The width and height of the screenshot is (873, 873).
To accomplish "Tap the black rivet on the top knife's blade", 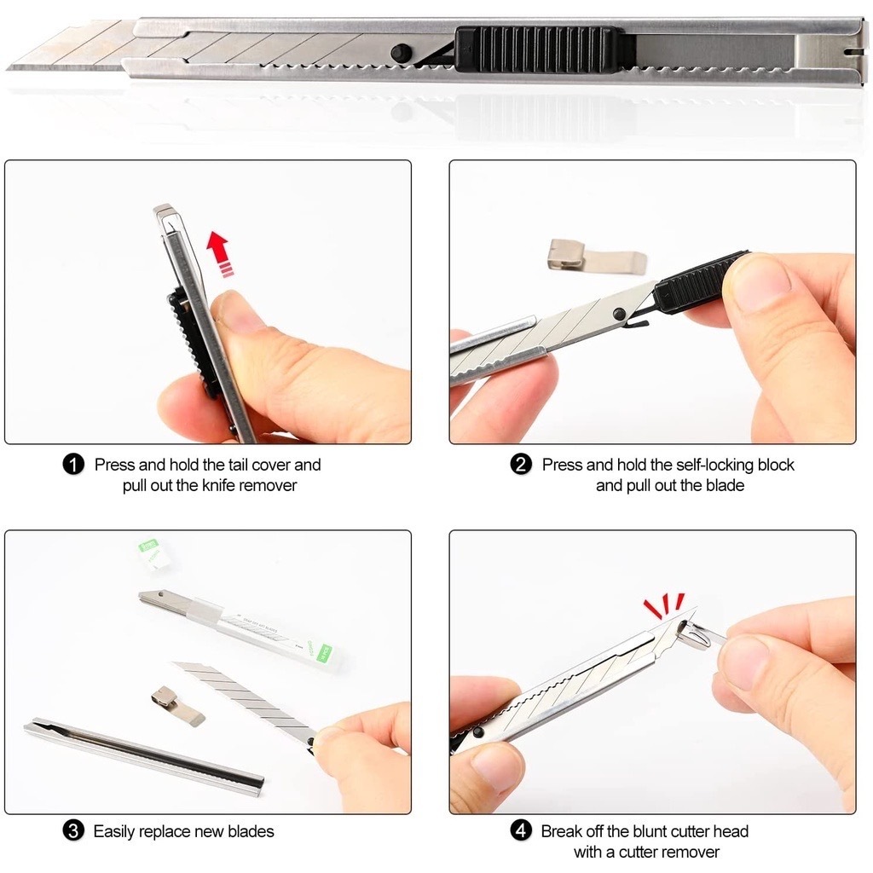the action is pyautogui.click(x=399, y=53).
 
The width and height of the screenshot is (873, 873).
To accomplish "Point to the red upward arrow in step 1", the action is pyautogui.click(x=218, y=254).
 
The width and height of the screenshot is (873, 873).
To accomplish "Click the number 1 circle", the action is pyautogui.click(x=73, y=465).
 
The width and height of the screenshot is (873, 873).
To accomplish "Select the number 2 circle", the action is pyautogui.click(x=521, y=465).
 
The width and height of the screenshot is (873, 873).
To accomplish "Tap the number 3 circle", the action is pyautogui.click(x=73, y=831).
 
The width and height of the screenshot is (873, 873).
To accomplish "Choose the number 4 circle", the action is pyautogui.click(x=521, y=831).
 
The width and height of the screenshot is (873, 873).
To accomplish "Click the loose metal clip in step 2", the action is pyautogui.click(x=597, y=257).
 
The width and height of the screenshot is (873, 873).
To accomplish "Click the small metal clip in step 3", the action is pyautogui.click(x=177, y=705).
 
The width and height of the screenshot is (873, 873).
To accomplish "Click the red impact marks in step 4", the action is pyautogui.click(x=663, y=606).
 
